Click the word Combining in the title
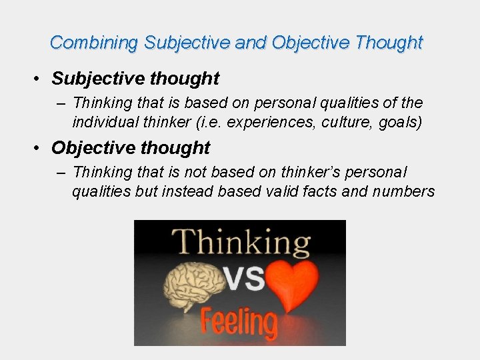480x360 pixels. (94, 43)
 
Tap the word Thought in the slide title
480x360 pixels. (389, 43)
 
